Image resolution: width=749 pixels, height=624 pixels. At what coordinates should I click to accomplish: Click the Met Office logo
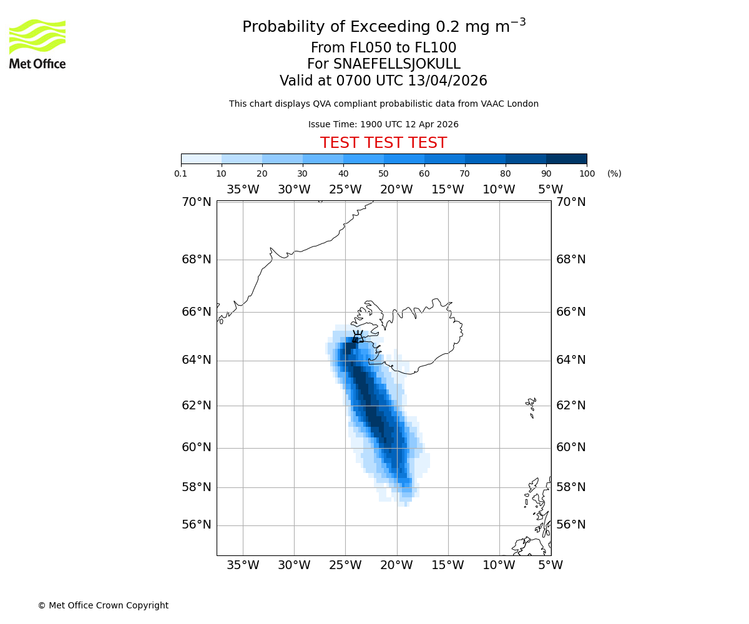(x=37, y=44)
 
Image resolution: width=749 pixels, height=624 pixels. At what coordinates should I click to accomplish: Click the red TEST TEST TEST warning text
(x=383, y=143)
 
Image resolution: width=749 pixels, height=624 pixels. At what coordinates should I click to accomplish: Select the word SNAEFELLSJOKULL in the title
(x=397, y=64)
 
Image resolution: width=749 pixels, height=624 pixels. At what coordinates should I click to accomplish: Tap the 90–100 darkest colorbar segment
(x=566, y=159)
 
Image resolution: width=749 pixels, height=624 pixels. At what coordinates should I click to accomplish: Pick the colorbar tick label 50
(x=384, y=173)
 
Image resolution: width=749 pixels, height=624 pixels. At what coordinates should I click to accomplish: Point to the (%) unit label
(x=614, y=173)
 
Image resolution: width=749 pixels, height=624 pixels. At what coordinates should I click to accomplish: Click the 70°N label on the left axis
(x=197, y=202)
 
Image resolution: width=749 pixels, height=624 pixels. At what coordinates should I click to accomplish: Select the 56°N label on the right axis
(x=571, y=525)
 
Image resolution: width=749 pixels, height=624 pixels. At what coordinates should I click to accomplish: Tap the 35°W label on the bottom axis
(x=243, y=565)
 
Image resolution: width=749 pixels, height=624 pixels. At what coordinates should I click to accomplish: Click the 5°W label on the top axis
(x=551, y=190)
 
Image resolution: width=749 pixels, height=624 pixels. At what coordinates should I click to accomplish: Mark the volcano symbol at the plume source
(x=358, y=337)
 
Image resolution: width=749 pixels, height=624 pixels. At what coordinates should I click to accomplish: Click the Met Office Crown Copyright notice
(x=103, y=605)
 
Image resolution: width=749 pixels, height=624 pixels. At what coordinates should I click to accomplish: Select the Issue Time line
(x=383, y=124)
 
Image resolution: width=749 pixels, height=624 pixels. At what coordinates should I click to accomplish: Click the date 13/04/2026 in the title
(x=448, y=81)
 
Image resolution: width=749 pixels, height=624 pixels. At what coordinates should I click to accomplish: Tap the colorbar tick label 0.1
(x=181, y=173)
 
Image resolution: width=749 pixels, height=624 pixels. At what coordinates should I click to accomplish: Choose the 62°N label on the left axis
(x=197, y=406)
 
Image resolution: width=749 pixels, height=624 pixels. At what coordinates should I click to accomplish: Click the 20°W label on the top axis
(x=396, y=190)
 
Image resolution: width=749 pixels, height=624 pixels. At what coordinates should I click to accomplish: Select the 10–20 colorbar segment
(x=242, y=159)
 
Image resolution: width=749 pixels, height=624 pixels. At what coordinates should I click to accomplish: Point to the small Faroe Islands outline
(x=531, y=406)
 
